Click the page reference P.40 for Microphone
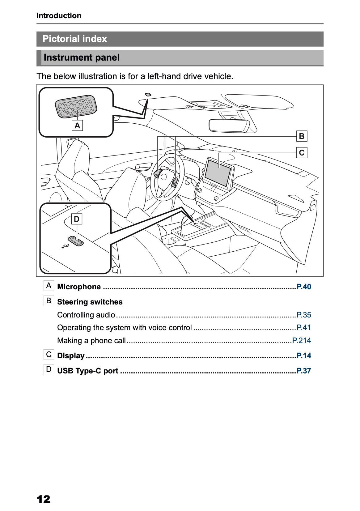[303, 287]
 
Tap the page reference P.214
[302, 340]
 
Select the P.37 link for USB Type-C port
[303, 371]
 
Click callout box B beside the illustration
[302, 136]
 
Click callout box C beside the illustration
[302, 152]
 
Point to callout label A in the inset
[77, 126]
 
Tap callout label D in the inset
[77, 219]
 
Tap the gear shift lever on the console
[186, 221]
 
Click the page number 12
[43, 499]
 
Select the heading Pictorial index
[75, 39]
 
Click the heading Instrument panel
[82, 57]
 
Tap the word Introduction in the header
[59, 16]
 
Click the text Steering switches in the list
[90, 302]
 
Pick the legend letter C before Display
[49, 355]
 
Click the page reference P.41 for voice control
[303, 327]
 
